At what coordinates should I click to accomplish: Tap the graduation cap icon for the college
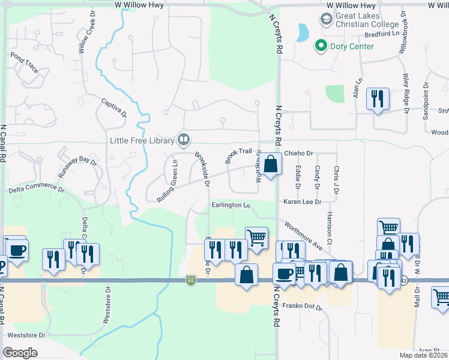[326, 19]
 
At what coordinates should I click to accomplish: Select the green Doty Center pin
[321, 46]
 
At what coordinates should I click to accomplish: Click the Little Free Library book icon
[184, 140]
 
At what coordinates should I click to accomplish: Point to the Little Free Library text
[142, 142]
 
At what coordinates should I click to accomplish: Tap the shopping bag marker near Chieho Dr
[271, 163]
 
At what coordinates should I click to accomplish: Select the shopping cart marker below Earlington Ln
[256, 236]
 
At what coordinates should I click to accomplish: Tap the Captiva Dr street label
[114, 107]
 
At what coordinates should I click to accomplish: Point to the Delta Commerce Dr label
[37, 190]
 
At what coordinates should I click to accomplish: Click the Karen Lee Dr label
[303, 202]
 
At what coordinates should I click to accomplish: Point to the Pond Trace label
[25, 62]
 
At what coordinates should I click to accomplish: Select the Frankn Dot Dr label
[303, 308]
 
